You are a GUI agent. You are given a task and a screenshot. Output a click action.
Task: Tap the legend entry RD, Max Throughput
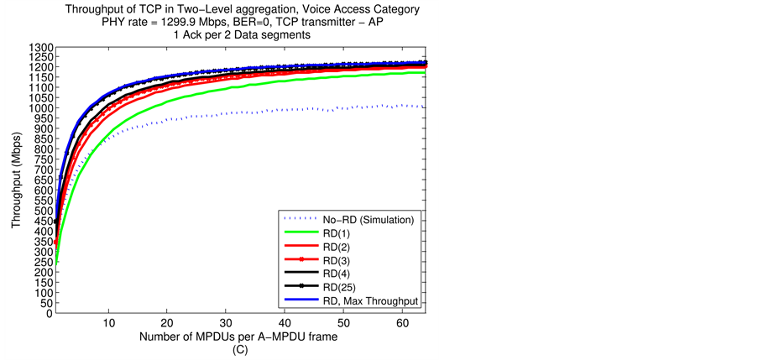tap(369, 300)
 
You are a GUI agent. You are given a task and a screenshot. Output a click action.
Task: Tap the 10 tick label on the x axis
tap(108, 323)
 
